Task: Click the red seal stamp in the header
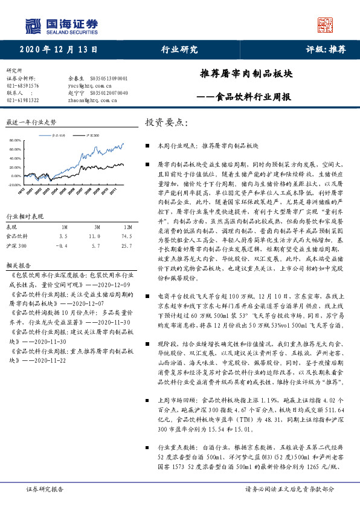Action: click(x=326, y=25)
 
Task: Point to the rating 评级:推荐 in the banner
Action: click(x=321, y=50)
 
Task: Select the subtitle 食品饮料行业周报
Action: click(x=254, y=97)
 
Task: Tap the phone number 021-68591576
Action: click(x=22, y=86)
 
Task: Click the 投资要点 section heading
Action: click(x=166, y=123)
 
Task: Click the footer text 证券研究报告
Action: click(x=45, y=488)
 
